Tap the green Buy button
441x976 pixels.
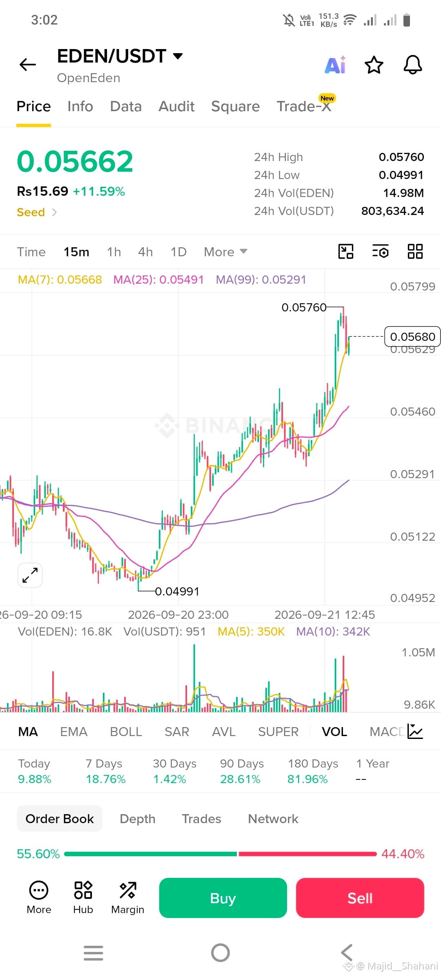[223, 898]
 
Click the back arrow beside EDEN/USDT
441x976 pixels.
[28, 64]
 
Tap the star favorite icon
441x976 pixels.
[374, 65]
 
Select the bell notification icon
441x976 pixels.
[413, 65]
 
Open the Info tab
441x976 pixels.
[80, 106]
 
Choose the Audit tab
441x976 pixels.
[176, 106]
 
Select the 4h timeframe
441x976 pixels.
[145, 252]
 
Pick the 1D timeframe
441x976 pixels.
[178, 252]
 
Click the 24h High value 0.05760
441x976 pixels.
[401, 157]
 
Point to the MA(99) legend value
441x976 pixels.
[284, 280]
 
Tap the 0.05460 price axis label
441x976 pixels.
[412, 412]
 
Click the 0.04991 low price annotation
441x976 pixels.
[177, 591]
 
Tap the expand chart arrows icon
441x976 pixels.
[30, 575]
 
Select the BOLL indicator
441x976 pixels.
[126, 732]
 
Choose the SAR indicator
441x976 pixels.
[177, 732]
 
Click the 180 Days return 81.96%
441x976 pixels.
[307, 779]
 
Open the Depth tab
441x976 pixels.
[138, 819]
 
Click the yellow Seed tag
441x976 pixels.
[31, 212]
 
